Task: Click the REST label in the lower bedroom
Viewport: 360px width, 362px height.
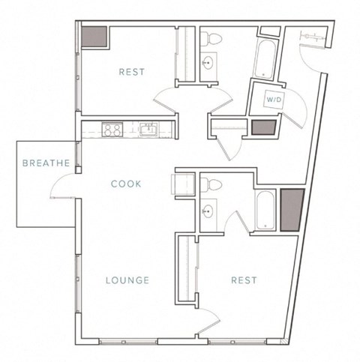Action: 244,280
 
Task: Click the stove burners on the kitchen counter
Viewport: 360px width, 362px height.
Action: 113,130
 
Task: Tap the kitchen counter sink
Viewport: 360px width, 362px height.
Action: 147,130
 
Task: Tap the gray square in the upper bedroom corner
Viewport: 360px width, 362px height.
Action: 94,37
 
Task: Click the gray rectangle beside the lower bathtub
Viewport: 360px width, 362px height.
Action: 291,209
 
